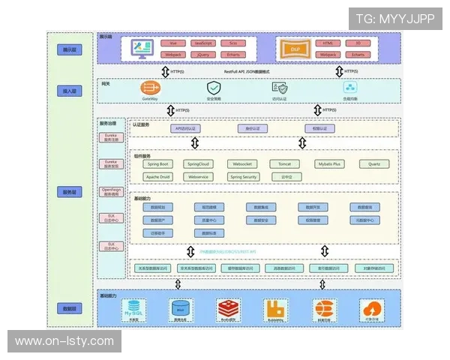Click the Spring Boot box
pyautogui.click(x=157, y=163)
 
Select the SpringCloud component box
pyautogui.click(x=199, y=163)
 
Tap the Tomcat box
pyautogui.click(x=284, y=163)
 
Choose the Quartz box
pyautogui.click(x=374, y=163)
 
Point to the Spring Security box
pyautogui.click(x=243, y=177)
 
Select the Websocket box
pyautogui.click(x=243, y=163)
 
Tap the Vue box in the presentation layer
pyautogui.click(x=172, y=43)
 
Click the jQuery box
pyautogui.click(x=202, y=55)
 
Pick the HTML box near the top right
pyautogui.click(x=327, y=43)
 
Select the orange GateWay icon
pyautogui.click(x=149, y=88)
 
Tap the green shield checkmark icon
pyautogui.click(x=214, y=88)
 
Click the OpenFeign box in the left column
pyautogui.click(x=110, y=192)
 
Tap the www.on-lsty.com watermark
pyautogui.click(x=64, y=341)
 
